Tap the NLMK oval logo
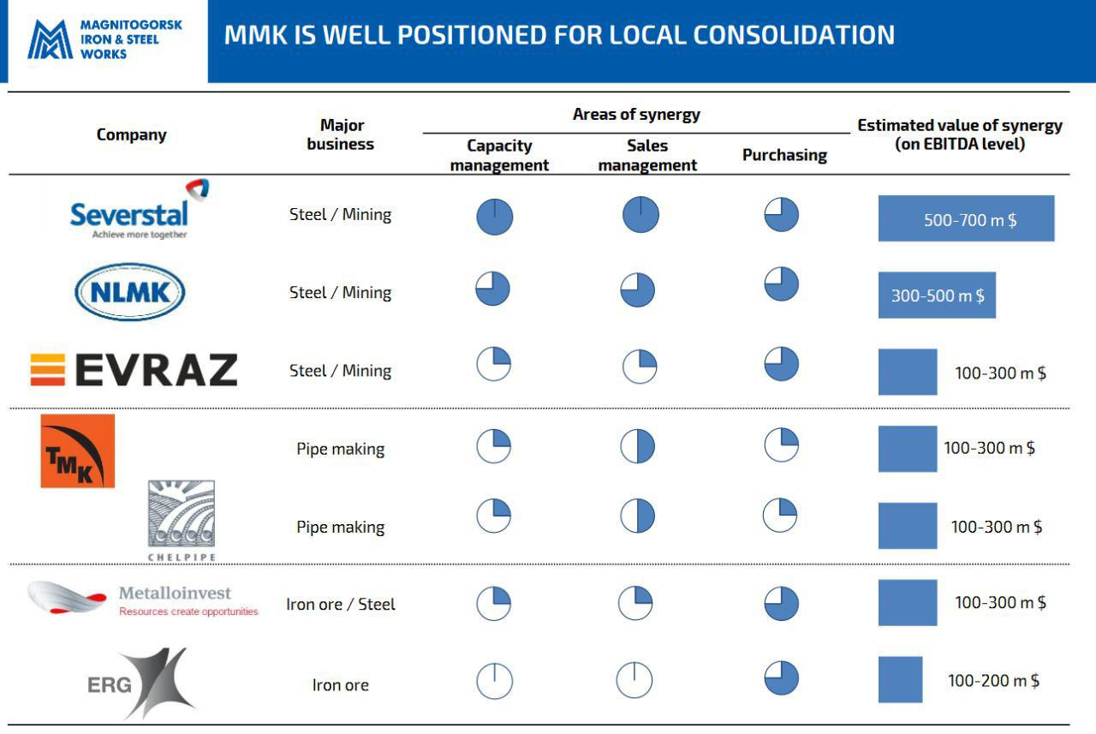coord(130,292)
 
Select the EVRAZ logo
coord(134,370)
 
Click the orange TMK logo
coord(77,451)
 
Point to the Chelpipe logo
coord(182,519)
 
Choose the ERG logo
coord(141,683)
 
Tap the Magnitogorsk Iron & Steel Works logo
coord(105,39)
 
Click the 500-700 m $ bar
coord(966,218)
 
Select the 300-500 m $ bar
coord(937,295)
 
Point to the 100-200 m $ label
coord(993,681)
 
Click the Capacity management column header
coord(499,155)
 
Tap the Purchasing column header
coord(784,155)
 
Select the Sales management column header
coord(647,155)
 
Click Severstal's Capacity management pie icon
coord(495,217)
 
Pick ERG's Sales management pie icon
coord(634,680)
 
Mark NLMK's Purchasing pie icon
coord(781,283)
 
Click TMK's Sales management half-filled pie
coord(637,446)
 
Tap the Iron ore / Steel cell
coord(341,604)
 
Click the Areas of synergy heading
coord(636,114)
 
